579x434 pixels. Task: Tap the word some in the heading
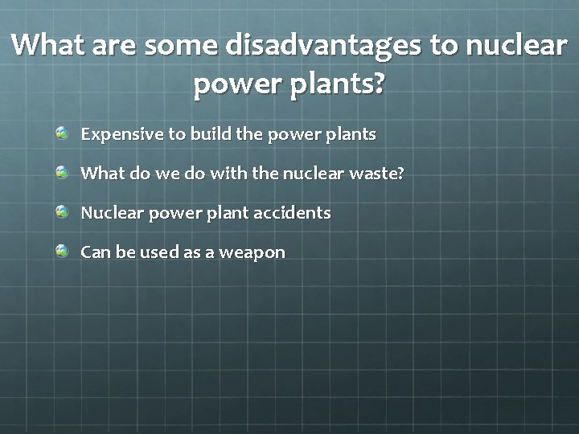(x=181, y=46)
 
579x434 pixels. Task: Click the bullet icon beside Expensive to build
(x=63, y=132)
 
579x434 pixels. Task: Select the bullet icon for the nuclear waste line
(x=63, y=171)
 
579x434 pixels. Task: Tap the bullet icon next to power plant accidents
(x=63, y=211)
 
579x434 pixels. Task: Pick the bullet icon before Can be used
(x=63, y=251)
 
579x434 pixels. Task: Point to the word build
(x=211, y=133)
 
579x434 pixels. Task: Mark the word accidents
(x=294, y=213)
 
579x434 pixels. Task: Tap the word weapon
(x=253, y=253)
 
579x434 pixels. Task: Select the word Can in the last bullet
(x=96, y=252)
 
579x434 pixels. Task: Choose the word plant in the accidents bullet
(x=230, y=214)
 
